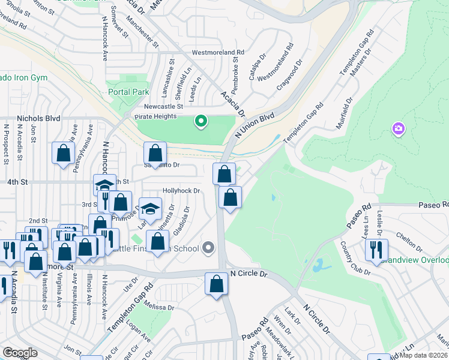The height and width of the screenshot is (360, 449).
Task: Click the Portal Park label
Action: click(128, 92)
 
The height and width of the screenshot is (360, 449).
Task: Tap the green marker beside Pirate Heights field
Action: click(201, 122)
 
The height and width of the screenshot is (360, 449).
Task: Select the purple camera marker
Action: click(398, 128)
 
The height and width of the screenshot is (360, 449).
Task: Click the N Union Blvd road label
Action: click(255, 124)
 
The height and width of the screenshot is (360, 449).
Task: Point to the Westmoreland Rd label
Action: click(218, 53)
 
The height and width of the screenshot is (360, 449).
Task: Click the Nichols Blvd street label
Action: click(39, 118)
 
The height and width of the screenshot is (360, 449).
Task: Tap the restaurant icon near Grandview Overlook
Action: click(376, 249)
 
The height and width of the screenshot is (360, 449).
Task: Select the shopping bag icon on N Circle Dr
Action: click(216, 284)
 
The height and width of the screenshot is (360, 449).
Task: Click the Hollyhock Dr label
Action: click(181, 190)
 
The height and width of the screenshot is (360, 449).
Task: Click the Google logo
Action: click(20, 353)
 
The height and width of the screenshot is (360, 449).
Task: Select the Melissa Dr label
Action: click(159, 307)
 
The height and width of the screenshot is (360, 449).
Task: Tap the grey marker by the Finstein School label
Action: click(208, 247)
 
